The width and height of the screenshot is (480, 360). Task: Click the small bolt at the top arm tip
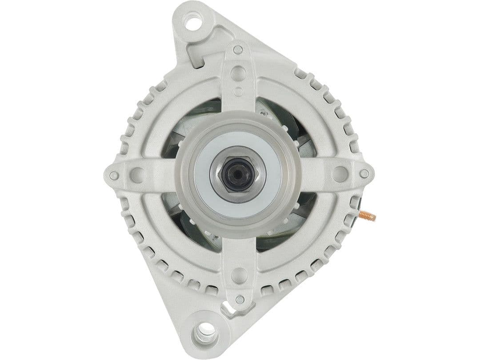[x=239, y=49]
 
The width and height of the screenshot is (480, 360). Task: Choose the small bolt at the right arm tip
[x=364, y=174]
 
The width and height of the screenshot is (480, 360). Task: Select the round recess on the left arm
[x=137, y=174]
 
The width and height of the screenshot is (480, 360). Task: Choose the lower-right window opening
[x=284, y=224]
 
